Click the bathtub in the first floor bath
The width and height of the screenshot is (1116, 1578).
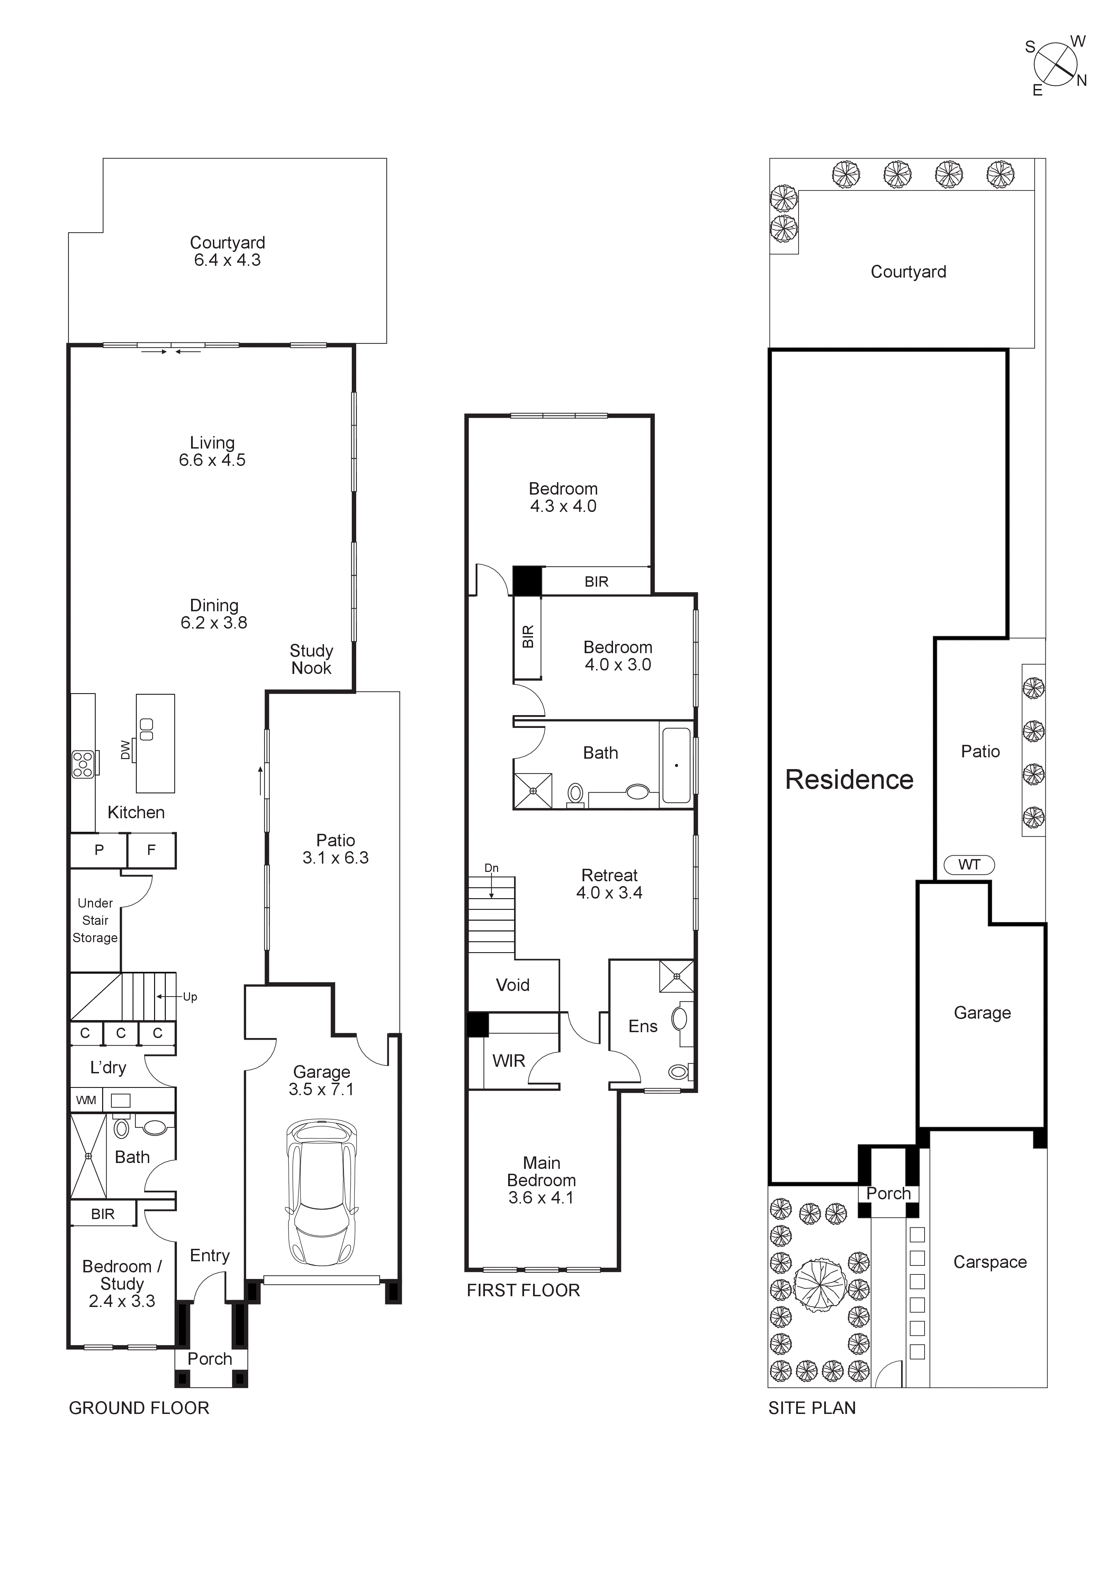(676, 764)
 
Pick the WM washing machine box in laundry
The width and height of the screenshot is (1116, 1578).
(86, 1100)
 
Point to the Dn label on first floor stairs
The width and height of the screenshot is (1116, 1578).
(491, 868)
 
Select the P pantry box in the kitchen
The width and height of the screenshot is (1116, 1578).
(99, 850)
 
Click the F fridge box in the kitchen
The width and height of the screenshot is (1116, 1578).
(151, 850)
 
